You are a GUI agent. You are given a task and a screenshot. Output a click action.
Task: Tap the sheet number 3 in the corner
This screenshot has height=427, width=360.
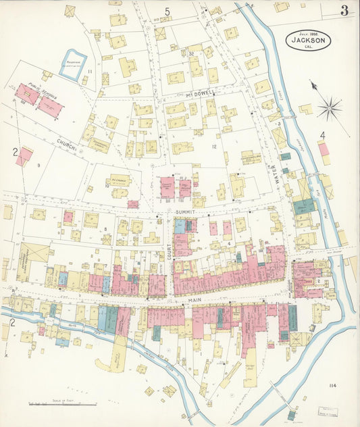(x=344, y=10)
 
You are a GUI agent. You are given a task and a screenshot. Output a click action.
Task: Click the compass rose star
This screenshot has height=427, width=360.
(x=329, y=107)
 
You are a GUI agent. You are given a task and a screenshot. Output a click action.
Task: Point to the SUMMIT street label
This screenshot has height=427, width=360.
(x=184, y=212)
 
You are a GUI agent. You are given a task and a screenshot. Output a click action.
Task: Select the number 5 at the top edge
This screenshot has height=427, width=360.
(x=167, y=10)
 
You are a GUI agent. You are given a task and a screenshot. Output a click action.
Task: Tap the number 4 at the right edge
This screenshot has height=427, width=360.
(x=322, y=136)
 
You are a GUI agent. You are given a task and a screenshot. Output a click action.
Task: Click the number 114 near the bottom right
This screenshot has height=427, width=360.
(x=332, y=386)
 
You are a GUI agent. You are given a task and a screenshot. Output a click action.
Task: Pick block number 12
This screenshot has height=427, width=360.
(x=213, y=147)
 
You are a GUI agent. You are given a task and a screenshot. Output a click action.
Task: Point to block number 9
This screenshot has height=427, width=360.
(x=39, y=165)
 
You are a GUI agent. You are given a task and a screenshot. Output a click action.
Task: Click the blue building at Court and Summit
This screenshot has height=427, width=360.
(x=180, y=227)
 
